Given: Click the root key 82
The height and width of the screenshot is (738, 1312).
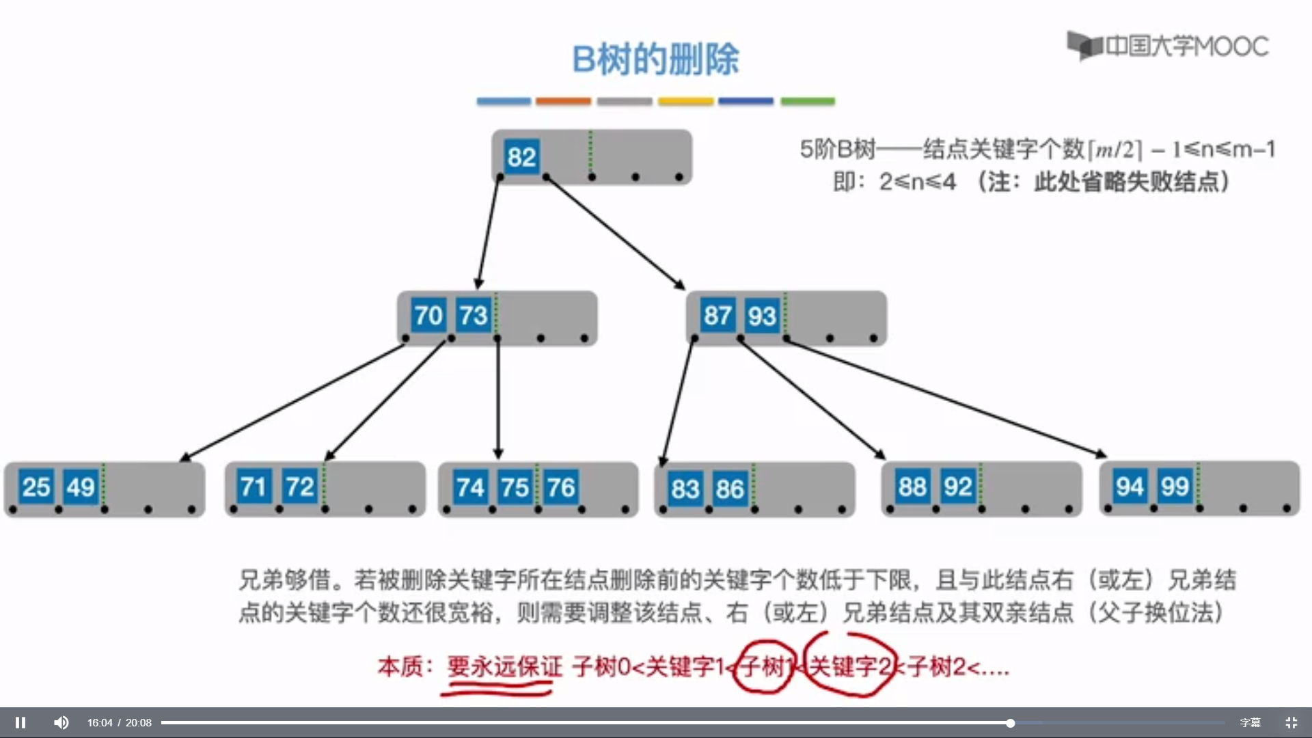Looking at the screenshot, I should tap(521, 157).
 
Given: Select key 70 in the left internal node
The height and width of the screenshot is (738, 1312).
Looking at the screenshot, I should tap(428, 316).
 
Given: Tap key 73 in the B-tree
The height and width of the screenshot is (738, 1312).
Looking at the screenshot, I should tap(473, 316).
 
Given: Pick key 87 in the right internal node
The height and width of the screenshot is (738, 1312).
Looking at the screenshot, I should tap(717, 316).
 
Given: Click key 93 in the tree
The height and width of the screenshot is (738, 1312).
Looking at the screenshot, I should tap(761, 316).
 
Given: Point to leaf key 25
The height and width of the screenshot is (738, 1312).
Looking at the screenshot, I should tap(36, 487).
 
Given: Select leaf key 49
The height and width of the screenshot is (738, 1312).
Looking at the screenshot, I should tap(81, 487).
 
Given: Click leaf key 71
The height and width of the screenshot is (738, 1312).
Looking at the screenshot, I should tap(254, 487).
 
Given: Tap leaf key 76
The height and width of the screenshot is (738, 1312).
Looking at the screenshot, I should tap(561, 488).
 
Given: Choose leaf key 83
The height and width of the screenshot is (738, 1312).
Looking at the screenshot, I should tap(685, 489).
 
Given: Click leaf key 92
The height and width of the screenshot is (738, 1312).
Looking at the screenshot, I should tap(957, 487).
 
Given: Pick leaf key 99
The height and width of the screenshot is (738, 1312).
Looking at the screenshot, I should tap(1175, 487).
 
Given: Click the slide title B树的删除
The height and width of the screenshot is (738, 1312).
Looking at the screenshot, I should tap(655, 59).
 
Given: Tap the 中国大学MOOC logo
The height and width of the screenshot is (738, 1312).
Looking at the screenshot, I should tap(1168, 46).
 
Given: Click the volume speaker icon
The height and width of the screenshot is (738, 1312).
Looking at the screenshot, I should tap(61, 722).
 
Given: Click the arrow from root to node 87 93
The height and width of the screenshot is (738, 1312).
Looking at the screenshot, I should tap(615, 232).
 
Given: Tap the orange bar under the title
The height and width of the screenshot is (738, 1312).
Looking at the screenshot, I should tap(563, 101).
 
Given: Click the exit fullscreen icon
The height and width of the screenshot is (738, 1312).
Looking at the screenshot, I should tap(1291, 722).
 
